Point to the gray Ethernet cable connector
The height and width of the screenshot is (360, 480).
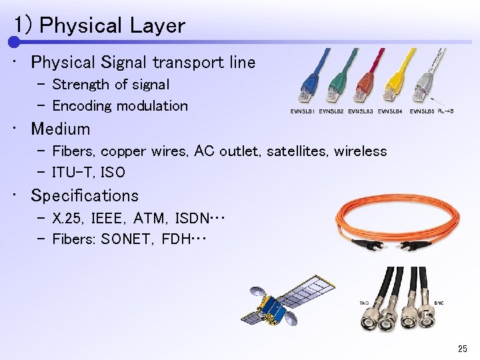click(x=423, y=90)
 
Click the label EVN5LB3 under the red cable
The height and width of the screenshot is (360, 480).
click(x=361, y=111)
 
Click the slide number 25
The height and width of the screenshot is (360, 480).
click(x=463, y=349)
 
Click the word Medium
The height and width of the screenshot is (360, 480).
click(x=60, y=129)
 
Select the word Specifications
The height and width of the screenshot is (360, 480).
click(x=85, y=195)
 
